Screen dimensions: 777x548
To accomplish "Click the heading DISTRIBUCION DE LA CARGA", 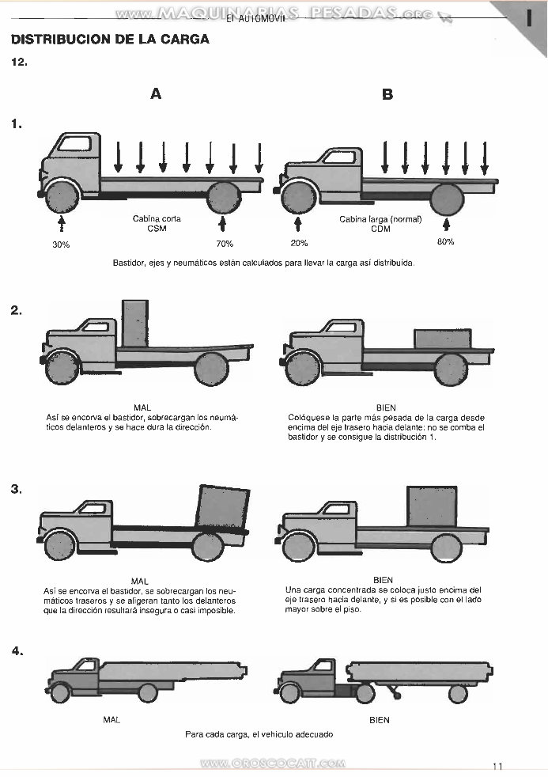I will tap(110, 39).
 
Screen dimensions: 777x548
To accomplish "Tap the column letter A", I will tap(156, 94).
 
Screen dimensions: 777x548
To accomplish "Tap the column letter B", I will tap(387, 94).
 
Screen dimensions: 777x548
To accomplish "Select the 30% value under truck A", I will tap(61, 244).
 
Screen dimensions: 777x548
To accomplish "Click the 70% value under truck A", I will tap(225, 244).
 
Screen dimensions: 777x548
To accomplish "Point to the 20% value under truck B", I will tap(299, 243).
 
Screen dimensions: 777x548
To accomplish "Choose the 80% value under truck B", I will tap(446, 241).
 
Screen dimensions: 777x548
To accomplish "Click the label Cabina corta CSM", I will tap(157, 223).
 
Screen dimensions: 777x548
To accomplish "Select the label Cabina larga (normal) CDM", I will tap(380, 223).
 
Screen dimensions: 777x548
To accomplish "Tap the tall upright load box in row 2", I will tap(135, 323).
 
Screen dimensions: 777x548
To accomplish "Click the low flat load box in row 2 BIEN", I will tap(442, 338).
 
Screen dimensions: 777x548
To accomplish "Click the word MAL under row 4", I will tap(111, 720).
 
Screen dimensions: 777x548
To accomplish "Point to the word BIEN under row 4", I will tap(380, 720).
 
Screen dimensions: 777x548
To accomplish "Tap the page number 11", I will tap(497, 766).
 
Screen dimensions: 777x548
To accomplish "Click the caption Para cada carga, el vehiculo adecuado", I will tap(259, 734).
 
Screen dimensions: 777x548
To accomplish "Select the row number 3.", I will tap(16, 489).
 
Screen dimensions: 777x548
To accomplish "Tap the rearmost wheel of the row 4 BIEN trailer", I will tap(457, 693).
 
